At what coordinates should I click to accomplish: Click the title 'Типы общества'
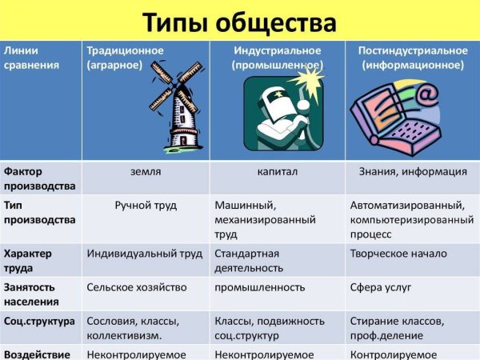click(239, 19)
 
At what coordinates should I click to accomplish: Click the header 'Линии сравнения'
click(31, 58)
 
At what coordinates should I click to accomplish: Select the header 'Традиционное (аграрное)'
click(125, 58)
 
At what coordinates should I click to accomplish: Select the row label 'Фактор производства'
click(39, 178)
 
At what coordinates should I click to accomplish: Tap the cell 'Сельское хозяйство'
click(137, 287)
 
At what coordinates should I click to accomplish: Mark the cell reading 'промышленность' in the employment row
click(260, 287)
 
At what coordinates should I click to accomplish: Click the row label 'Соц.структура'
click(39, 321)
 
